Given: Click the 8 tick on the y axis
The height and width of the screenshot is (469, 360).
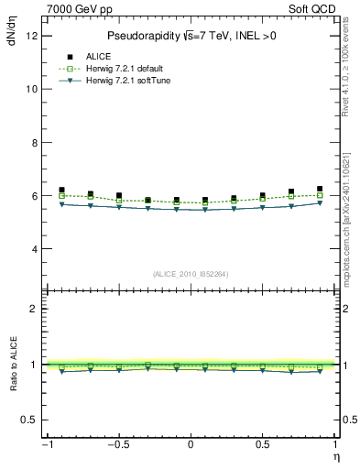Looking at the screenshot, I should pos(34,143).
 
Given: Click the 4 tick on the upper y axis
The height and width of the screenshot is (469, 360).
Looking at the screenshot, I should pos(34,249).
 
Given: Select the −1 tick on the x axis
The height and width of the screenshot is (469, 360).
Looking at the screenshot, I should pos(46,444).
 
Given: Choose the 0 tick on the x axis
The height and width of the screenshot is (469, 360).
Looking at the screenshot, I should pos(191,444).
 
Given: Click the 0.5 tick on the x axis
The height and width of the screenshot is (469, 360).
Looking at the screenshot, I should pos(262,444).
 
